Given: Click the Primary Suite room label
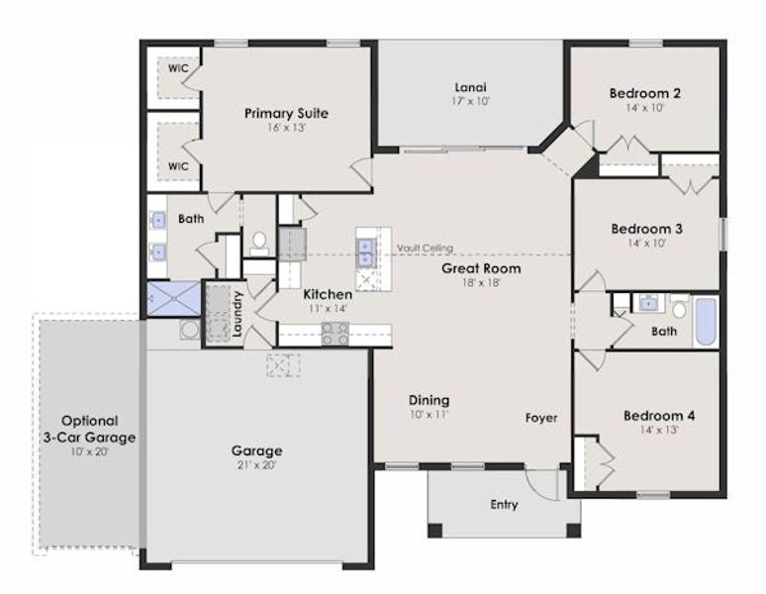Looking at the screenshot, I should (x=286, y=113).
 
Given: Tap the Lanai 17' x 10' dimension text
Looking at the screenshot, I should (x=471, y=100).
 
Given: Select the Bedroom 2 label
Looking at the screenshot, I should (x=644, y=93).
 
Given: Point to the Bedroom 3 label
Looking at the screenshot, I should (x=646, y=228).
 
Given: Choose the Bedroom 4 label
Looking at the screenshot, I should (x=658, y=416).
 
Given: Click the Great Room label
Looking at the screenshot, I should (x=481, y=267).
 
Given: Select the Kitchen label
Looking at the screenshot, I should (x=328, y=294).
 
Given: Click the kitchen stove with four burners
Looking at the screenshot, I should (x=335, y=334).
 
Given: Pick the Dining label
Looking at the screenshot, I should (x=430, y=400).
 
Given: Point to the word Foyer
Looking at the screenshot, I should (x=541, y=418).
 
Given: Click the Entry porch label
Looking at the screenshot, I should (x=504, y=505).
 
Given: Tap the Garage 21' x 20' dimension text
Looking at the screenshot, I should (x=258, y=466).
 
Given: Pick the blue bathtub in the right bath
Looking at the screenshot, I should (x=705, y=322).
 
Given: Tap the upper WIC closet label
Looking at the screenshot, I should (x=178, y=68).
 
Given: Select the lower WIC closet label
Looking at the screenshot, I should (x=178, y=165).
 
